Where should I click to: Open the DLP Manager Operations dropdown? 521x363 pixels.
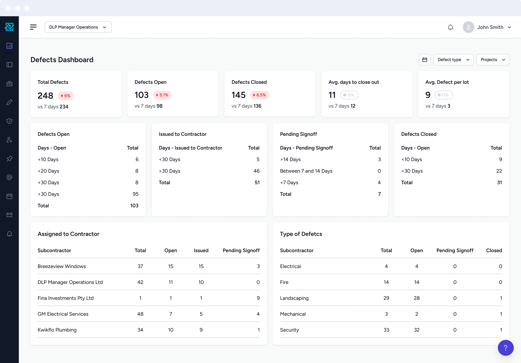click(78, 27)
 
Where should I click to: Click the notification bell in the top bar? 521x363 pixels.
click(450, 27)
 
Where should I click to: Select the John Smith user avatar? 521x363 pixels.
click(468, 27)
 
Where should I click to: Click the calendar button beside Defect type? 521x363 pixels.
click(425, 60)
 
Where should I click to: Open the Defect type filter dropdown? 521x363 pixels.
click(453, 60)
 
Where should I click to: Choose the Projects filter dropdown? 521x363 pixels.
click(493, 60)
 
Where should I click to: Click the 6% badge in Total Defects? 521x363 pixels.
click(65, 96)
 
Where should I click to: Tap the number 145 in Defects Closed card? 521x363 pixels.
click(238, 95)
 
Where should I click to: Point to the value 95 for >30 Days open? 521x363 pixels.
click(135, 194)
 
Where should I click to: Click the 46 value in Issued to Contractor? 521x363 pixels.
click(256, 171)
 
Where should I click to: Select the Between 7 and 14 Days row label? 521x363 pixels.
click(306, 171)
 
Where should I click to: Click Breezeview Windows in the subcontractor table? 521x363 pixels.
click(62, 266)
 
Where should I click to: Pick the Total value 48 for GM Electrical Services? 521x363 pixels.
click(140, 314)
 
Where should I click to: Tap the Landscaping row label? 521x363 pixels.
click(294, 298)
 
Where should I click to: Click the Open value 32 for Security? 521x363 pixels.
click(417, 330)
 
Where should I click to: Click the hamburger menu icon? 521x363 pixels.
click(33, 27)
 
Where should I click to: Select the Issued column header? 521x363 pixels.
click(201, 251)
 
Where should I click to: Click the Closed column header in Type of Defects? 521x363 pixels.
click(494, 251)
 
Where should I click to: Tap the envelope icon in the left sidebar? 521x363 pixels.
click(9, 215)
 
